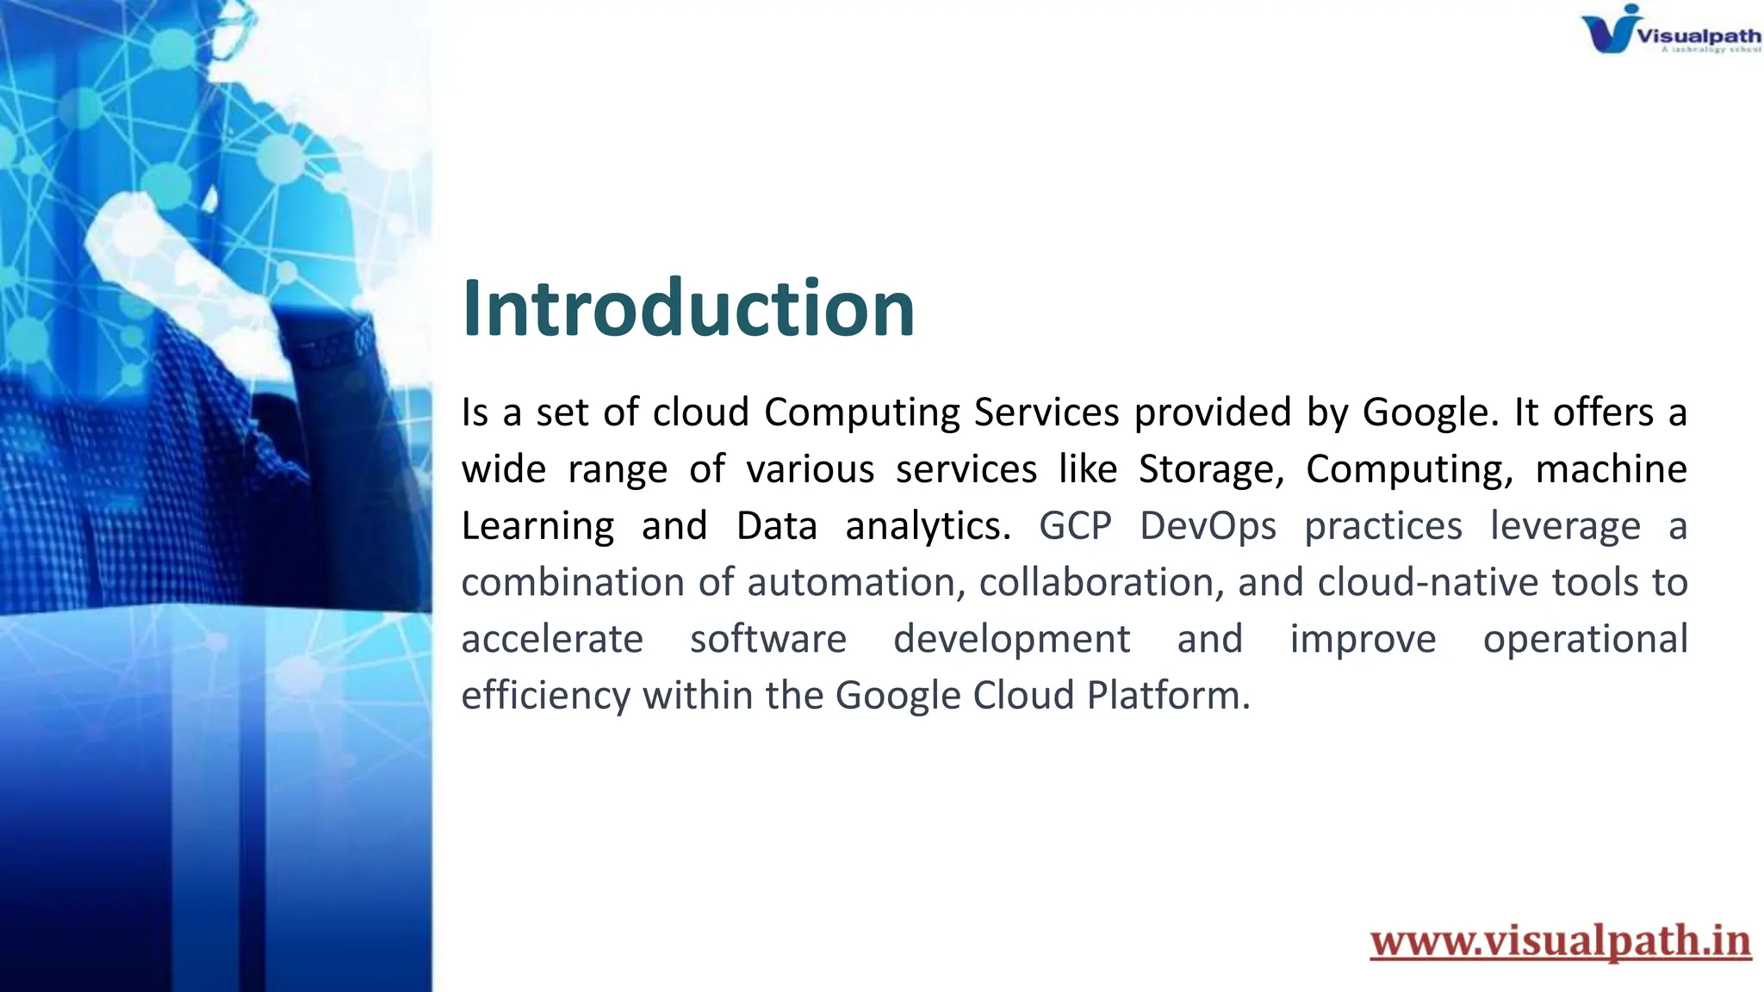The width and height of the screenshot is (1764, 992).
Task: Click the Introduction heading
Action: pyautogui.click(x=687, y=308)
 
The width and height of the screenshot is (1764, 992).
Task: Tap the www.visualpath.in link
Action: pyautogui.click(x=1560, y=940)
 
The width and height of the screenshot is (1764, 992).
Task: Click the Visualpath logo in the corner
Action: pyautogui.click(x=1669, y=31)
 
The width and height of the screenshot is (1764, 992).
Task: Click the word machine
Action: pyautogui.click(x=1611, y=469)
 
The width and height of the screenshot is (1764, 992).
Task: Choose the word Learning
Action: pyautogui.click(x=537, y=526)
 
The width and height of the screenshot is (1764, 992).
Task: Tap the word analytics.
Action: pyautogui.click(x=928, y=526)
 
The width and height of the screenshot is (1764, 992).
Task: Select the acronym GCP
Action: pyautogui.click(x=1075, y=526)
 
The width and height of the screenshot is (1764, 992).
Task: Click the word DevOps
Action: pyautogui.click(x=1208, y=526)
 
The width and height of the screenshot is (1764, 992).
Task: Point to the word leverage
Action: pyautogui.click(x=1565, y=526)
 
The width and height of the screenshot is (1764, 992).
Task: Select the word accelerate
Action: pyautogui.click(x=552, y=640)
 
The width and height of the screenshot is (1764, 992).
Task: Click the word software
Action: pyautogui.click(x=768, y=640)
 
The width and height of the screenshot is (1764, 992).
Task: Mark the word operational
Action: pyautogui.click(x=1585, y=640)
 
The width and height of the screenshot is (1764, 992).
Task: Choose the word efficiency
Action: pyautogui.click(x=546, y=696)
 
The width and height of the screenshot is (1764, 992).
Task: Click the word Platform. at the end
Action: pyautogui.click(x=1168, y=696)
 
